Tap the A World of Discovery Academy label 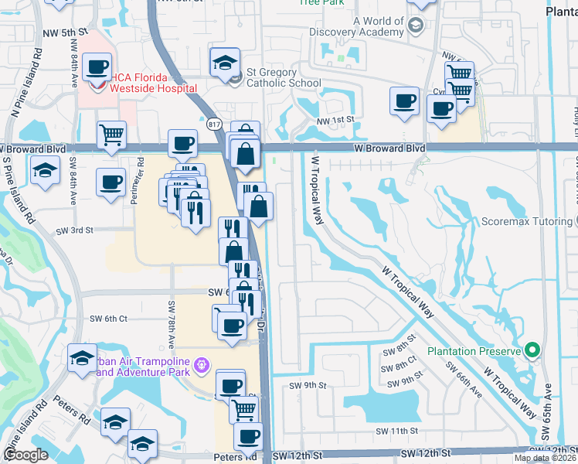358,26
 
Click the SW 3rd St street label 74,230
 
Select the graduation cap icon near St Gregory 225,62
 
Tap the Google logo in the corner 25,455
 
